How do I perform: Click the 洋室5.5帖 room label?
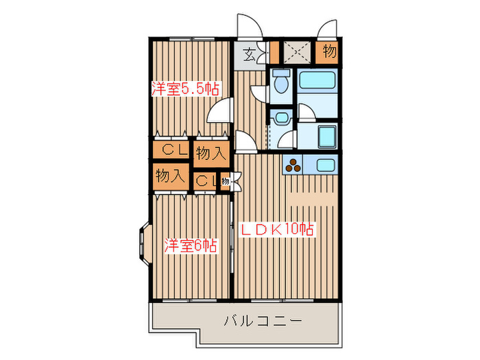click(185, 88)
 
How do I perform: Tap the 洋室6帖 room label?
click(191, 245)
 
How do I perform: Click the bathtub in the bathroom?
click(316, 84)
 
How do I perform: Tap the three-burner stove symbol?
click(294, 165)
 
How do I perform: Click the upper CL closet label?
click(172, 149)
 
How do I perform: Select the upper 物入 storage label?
click(211, 154)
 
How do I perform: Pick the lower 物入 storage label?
click(169, 176)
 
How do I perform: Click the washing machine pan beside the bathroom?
click(326, 136)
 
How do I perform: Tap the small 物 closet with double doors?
click(226, 181)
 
